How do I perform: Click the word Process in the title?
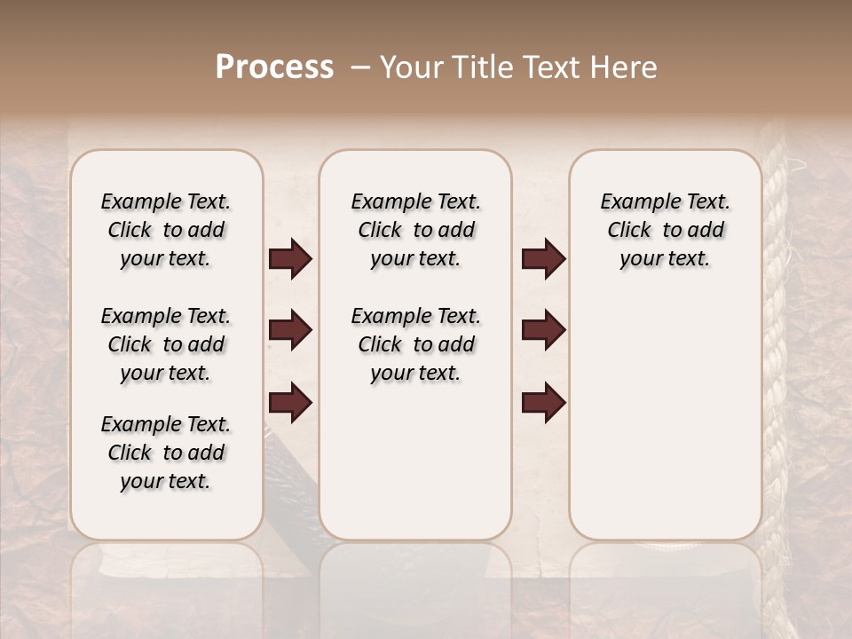[x=274, y=67]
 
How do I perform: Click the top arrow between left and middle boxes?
[x=290, y=259]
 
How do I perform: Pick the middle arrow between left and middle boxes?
[x=290, y=330]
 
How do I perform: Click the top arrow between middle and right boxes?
[x=543, y=259]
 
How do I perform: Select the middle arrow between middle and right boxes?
[x=543, y=330]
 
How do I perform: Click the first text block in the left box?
[x=166, y=230]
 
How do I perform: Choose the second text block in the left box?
[x=166, y=344]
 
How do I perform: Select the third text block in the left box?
[x=166, y=453]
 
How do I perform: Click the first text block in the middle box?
[x=415, y=230]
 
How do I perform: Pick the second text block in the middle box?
[x=415, y=344]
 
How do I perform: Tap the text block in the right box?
[x=666, y=230]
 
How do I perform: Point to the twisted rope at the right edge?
[x=774, y=355]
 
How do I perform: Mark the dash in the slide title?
[x=359, y=67]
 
